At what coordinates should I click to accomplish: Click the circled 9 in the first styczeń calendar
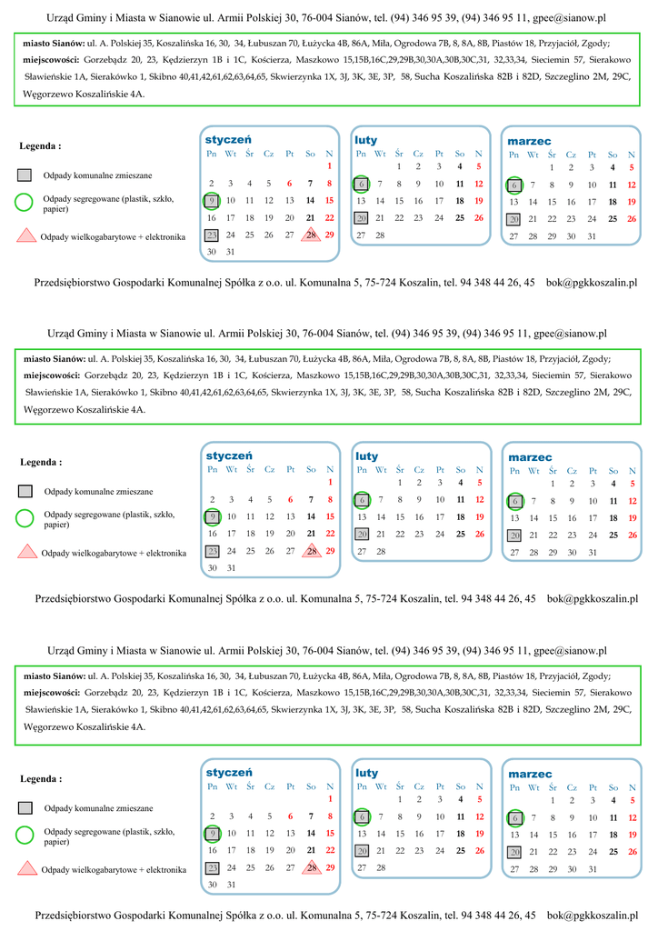(212, 200)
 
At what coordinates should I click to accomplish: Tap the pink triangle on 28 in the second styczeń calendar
(311, 551)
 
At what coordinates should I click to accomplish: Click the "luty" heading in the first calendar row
(365, 140)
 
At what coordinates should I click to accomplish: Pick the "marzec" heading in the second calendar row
(530, 456)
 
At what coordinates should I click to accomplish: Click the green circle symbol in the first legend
(25, 202)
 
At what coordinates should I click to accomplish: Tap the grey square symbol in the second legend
(25, 492)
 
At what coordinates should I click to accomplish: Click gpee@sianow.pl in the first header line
(570, 17)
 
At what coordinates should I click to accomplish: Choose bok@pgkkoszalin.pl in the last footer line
(592, 915)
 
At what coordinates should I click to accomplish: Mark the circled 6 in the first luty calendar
(361, 184)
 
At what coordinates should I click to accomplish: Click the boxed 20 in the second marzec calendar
(514, 535)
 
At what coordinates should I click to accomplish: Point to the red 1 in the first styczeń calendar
(329, 166)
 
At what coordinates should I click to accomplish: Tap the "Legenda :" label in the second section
(41, 462)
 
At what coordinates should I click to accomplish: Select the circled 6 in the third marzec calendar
(514, 817)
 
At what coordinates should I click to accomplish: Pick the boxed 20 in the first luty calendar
(361, 218)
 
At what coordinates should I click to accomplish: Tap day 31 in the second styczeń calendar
(231, 567)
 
